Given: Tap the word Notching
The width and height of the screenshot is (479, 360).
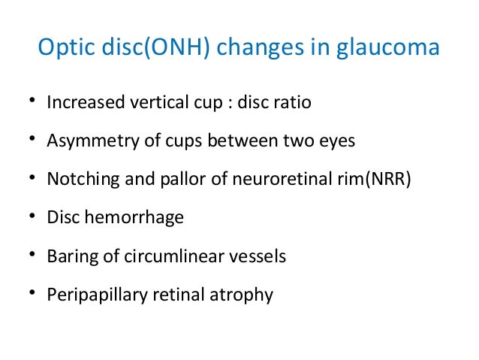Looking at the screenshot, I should click(77, 180).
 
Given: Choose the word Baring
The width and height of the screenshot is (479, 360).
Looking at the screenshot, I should click(68, 256).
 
